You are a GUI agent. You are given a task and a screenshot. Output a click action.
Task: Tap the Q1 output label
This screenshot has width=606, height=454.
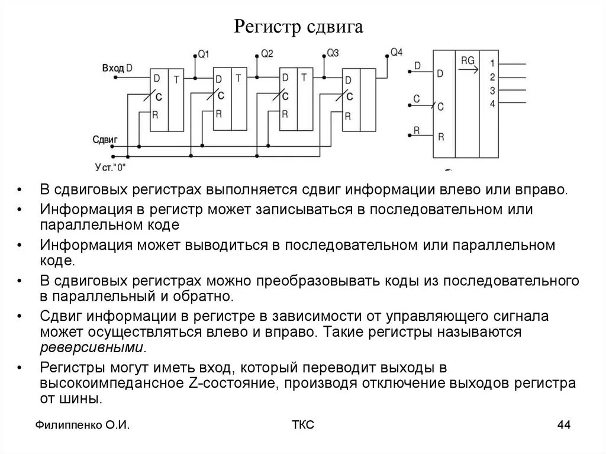tap(203, 54)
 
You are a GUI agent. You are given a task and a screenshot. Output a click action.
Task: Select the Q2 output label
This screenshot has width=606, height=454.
tap(267, 54)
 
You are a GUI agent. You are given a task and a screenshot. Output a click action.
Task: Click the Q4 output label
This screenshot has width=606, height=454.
tap(396, 52)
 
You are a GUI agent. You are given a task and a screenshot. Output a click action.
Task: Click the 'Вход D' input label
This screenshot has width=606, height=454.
tap(117, 68)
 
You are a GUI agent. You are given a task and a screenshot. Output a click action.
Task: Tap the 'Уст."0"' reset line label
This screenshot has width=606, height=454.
tap(110, 168)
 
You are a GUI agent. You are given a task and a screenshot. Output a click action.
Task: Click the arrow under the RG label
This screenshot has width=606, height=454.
tap(468, 70)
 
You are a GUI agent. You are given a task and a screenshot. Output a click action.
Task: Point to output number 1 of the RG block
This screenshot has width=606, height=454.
tap(492, 63)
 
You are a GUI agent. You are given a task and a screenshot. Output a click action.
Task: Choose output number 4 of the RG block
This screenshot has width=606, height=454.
tap(492, 104)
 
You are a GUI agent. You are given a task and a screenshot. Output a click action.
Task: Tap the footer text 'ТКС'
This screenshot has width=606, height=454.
tap(303, 425)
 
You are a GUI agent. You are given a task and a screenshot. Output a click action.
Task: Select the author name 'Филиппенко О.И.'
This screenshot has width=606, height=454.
tap(82, 425)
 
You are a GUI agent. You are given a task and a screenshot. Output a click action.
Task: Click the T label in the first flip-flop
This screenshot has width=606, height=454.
tap(176, 78)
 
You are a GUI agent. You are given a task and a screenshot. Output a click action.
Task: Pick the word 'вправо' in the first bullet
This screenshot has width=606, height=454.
tap(540, 191)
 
